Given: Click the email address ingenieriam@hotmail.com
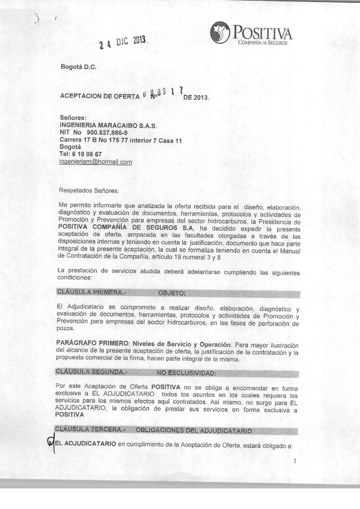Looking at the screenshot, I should click(x=95, y=162).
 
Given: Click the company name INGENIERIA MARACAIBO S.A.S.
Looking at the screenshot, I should click(x=108, y=126).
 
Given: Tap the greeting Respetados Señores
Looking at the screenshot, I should click(x=89, y=190).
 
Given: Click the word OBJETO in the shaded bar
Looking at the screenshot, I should click(x=172, y=293).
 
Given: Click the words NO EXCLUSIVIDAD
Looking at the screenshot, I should click(x=186, y=373).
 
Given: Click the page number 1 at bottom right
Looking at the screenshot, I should click(x=295, y=461).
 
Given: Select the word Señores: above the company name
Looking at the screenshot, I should click(x=73, y=118).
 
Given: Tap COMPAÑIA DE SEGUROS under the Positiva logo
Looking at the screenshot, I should click(x=262, y=43).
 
